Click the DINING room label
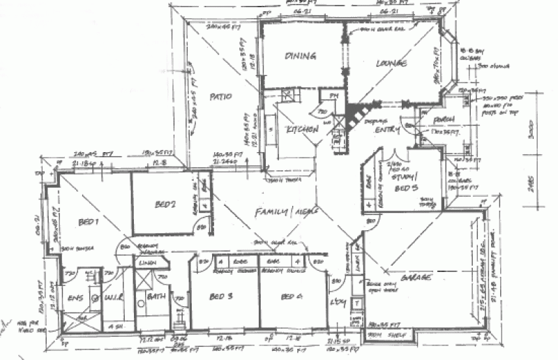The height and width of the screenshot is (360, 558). pos(301,56)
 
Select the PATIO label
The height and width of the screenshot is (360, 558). pos(218,96)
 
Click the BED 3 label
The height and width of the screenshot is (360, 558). pos(221,296)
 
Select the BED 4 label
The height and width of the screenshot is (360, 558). pos(289,297)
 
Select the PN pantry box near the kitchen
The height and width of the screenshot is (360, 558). pos(333,96)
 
